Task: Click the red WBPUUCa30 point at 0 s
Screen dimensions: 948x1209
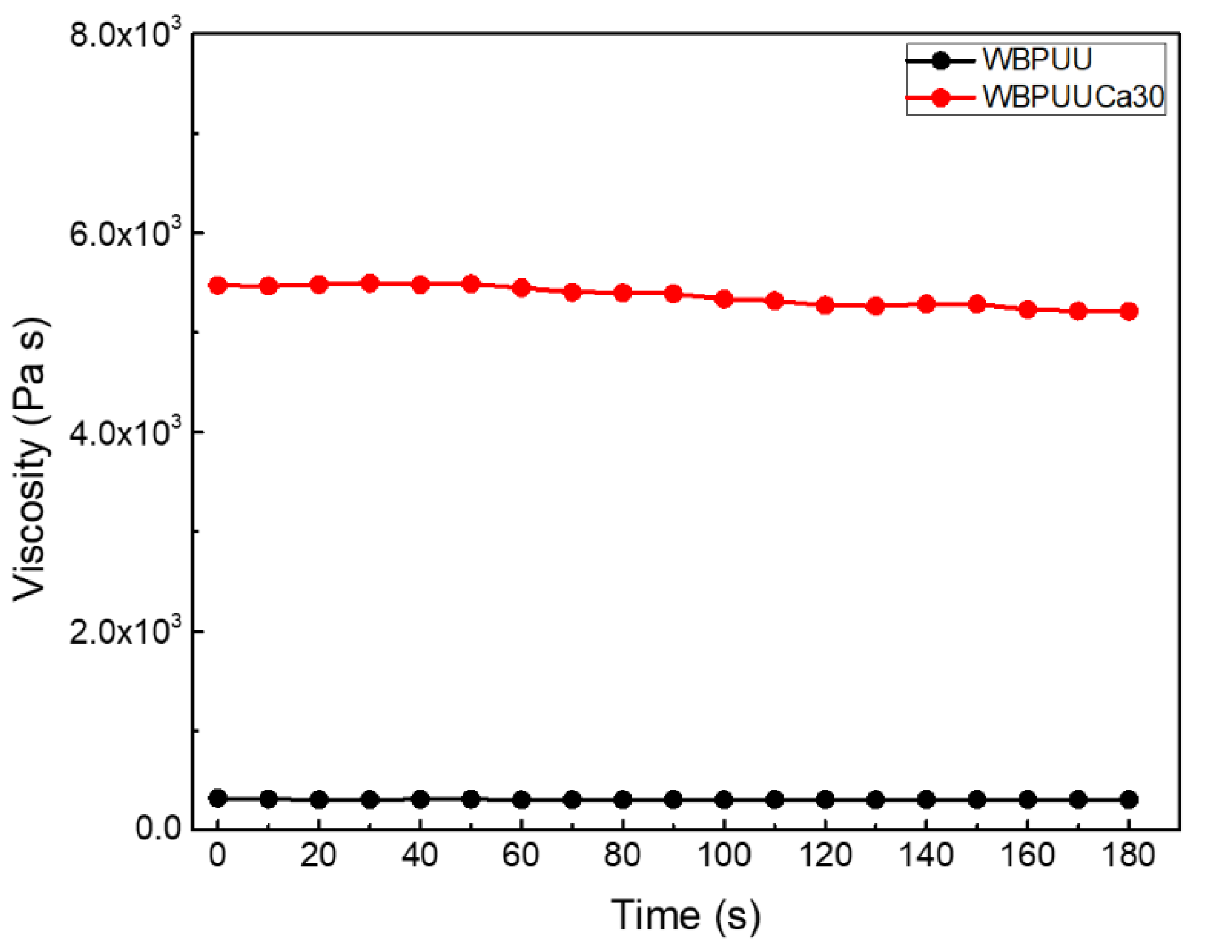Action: click(218, 285)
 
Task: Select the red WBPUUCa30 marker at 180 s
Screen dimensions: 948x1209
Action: click(1128, 311)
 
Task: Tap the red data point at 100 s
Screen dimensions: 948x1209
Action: click(724, 299)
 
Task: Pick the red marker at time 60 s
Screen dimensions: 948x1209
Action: click(522, 288)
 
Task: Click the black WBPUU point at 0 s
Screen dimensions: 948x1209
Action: click(218, 798)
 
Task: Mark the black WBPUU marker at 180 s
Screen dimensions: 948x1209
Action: click(1128, 799)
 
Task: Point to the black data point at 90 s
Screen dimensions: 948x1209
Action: click(673, 799)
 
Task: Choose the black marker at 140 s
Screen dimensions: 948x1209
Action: click(926, 799)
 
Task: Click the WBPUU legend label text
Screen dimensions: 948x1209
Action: click(1037, 59)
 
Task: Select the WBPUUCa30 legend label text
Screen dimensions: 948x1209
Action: click(1073, 97)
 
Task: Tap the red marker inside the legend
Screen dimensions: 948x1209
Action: click(940, 98)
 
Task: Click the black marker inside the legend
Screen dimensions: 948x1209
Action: click(940, 60)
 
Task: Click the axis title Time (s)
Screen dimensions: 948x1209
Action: click(686, 915)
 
